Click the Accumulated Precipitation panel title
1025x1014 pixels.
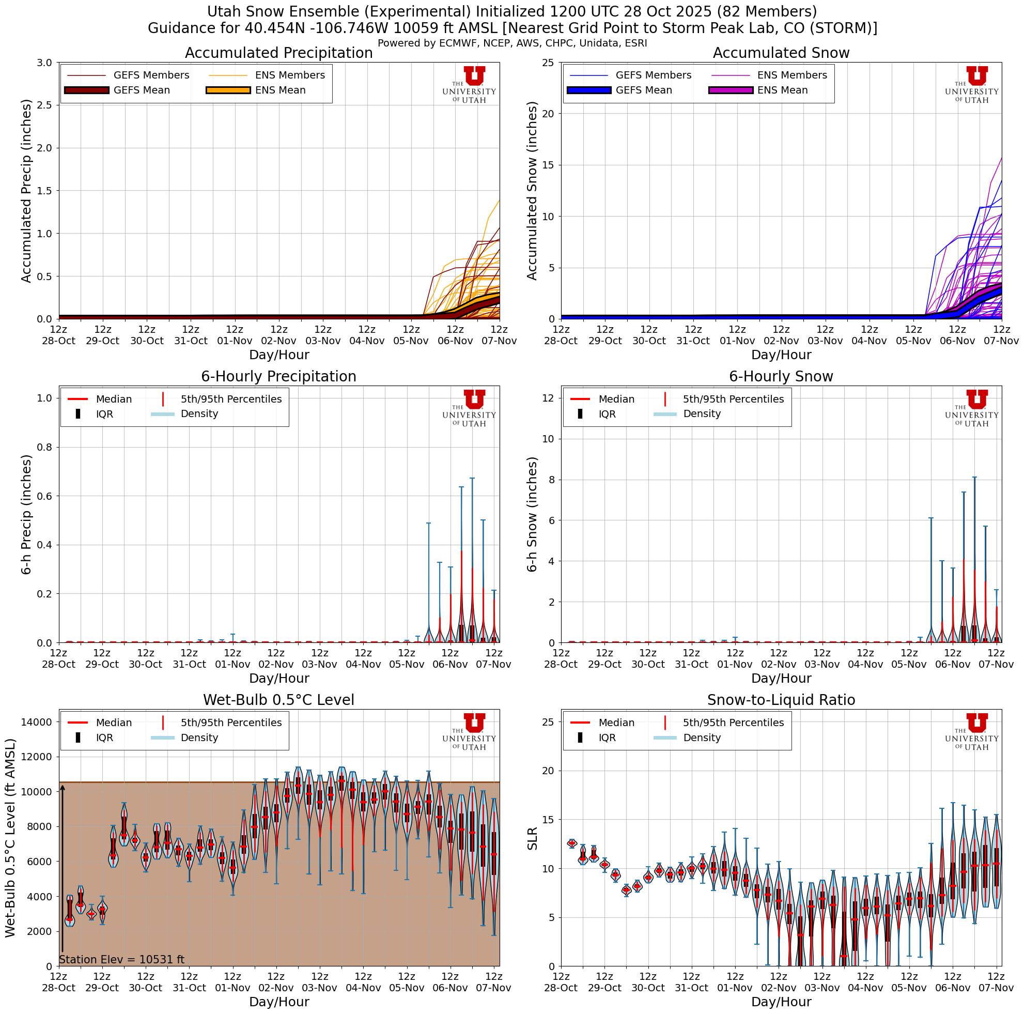tap(278, 53)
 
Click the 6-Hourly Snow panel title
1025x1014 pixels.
tap(781, 377)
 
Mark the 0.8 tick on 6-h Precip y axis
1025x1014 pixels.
tap(46, 447)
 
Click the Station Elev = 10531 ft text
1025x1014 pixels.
tap(121, 975)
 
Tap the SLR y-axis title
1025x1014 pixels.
tap(533, 838)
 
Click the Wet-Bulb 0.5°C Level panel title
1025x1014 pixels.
tap(278, 700)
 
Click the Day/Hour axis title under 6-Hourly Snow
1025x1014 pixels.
tap(781, 678)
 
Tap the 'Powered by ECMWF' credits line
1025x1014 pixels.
tap(512, 43)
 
